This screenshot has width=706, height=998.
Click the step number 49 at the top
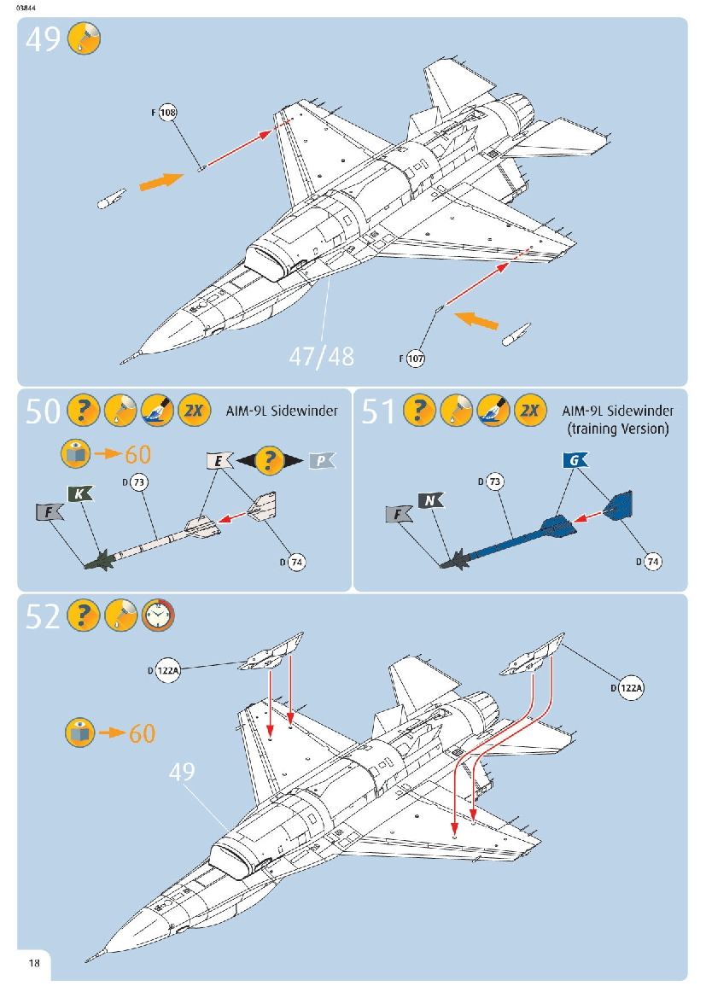click(43, 39)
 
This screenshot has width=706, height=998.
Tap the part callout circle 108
click(168, 113)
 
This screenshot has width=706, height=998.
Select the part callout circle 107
click(416, 359)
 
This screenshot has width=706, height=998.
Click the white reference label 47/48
click(321, 355)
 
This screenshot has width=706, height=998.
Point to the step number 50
click(43, 411)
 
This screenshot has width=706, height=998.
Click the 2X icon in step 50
click(195, 411)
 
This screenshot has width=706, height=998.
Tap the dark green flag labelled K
click(79, 493)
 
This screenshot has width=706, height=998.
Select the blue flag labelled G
click(575, 461)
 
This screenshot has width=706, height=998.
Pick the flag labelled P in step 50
click(321, 461)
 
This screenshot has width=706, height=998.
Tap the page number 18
click(34, 964)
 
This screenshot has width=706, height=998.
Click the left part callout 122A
click(168, 671)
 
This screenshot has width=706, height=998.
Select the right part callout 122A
click(632, 688)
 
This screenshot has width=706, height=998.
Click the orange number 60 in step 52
click(143, 732)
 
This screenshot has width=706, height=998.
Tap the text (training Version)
click(617, 429)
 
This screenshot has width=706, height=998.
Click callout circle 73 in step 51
click(495, 482)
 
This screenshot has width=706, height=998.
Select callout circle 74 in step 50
click(296, 562)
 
